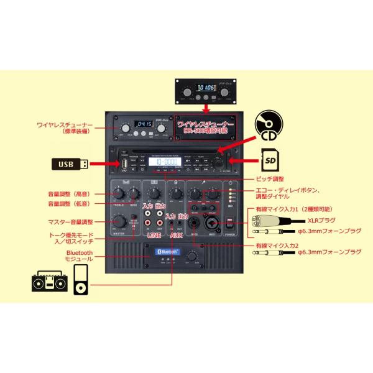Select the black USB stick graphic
coord(69,164)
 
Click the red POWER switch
coord(231,224)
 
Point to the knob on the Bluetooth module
coord(191,256)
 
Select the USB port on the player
coord(124,164)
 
